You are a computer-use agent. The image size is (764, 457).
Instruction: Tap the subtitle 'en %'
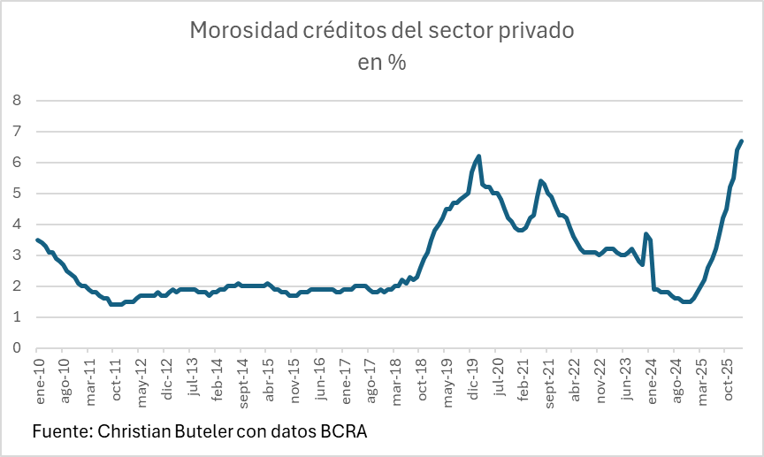click(x=382, y=63)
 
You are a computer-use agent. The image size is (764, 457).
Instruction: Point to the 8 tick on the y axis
click(x=16, y=101)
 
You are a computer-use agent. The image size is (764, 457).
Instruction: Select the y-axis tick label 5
click(x=16, y=194)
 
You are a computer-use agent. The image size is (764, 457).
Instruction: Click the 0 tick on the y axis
click(x=16, y=348)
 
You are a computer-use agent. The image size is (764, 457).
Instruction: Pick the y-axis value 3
click(x=16, y=255)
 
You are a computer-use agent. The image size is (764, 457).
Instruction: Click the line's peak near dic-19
click(x=478, y=156)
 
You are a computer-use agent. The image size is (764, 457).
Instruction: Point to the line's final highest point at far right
click(x=742, y=141)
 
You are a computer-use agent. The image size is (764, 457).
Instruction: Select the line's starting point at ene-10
click(x=37, y=240)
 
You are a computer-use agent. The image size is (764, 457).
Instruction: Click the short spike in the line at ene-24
click(x=647, y=234)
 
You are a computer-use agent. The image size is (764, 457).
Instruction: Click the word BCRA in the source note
click(x=343, y=432)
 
